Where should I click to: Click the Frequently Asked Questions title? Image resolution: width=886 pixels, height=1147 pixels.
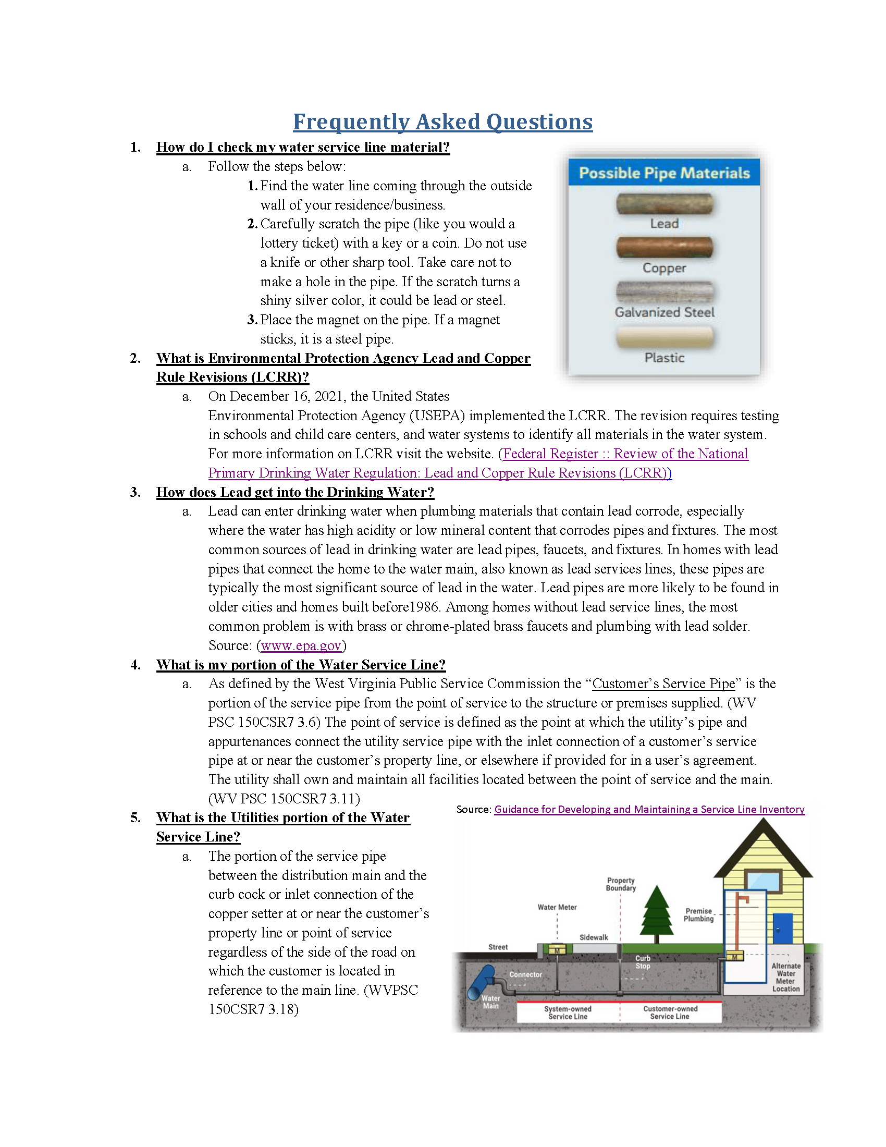[x=442, y=121]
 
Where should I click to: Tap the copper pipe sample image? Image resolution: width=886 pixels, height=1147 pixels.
[x=664, y=247]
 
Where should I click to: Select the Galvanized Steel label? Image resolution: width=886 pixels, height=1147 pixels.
[x=664, y=312]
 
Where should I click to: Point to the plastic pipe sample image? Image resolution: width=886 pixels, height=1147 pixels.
[x=664, y=337]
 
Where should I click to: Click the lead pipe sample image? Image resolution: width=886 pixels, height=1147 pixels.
[x=664, y=203]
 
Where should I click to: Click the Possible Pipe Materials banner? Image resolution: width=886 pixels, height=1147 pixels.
[x=664, y=173]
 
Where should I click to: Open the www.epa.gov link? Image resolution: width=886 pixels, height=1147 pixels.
[x=301, y=645]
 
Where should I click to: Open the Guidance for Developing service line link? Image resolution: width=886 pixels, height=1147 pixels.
[x=649, y=809]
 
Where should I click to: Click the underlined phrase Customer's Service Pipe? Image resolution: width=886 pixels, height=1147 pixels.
[x=663, y=684]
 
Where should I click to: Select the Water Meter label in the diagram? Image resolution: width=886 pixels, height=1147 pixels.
[x=557, y=907]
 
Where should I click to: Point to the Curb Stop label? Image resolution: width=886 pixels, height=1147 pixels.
[x=643, y=962]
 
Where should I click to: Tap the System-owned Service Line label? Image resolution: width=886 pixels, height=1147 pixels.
[x=568, y=1012]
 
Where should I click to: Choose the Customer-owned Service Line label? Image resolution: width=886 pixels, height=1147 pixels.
[x=670, y=1012]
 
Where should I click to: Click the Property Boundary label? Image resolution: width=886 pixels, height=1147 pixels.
[x=620, y=884]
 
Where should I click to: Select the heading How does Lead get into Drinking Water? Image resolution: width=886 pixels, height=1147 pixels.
[x=295, y=492]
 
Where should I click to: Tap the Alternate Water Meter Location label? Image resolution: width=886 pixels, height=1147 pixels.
[x=786, y=978]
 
